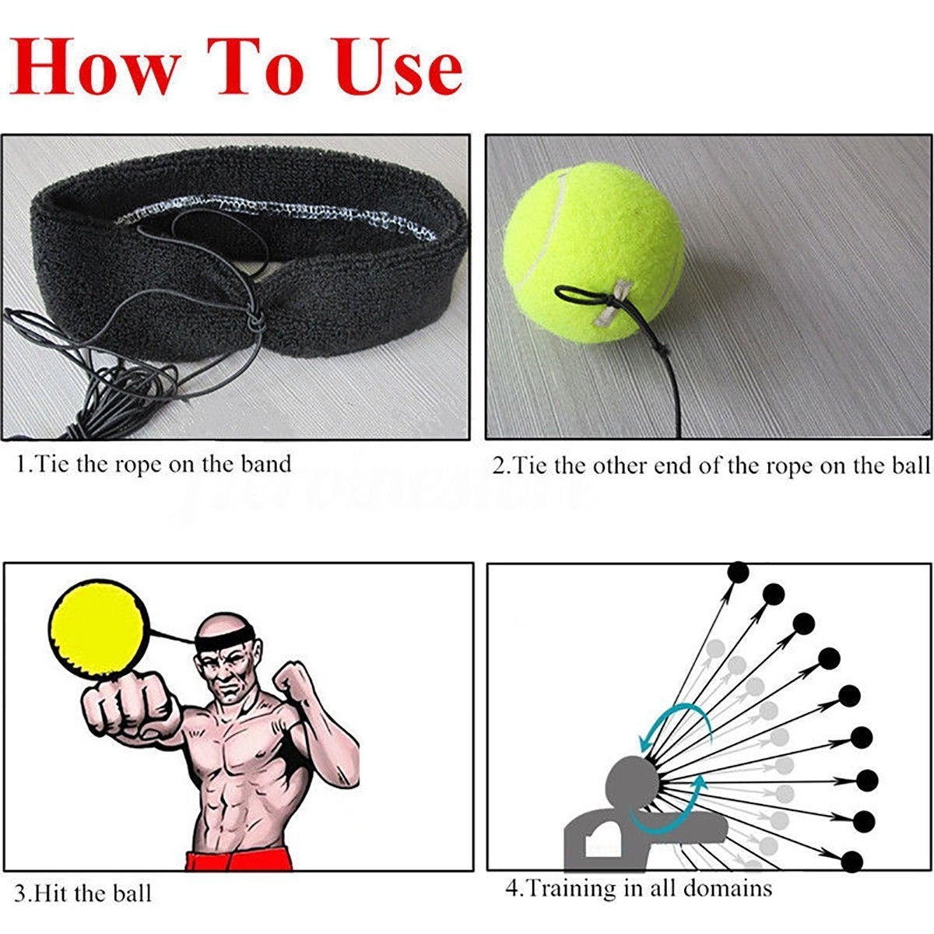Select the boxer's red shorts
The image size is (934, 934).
point(238,859)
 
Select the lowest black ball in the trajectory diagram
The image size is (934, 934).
point(853,861)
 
